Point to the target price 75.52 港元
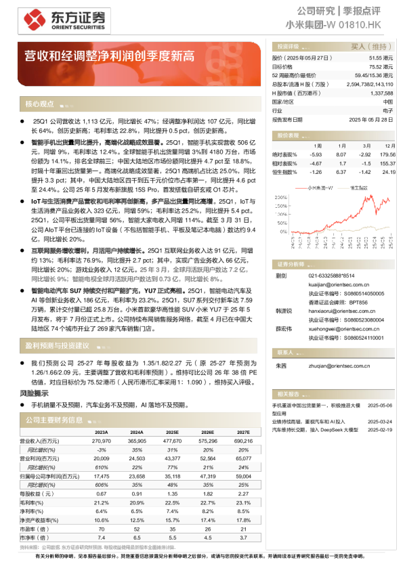[380, 67]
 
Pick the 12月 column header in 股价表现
[389, 146]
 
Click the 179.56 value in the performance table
[388, 154]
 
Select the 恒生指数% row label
[284, 172]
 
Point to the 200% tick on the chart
[281, 198]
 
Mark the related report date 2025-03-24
[380, 420]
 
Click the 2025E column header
[172, 432]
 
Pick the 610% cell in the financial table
[102, 467]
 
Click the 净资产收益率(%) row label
[39, 520]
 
